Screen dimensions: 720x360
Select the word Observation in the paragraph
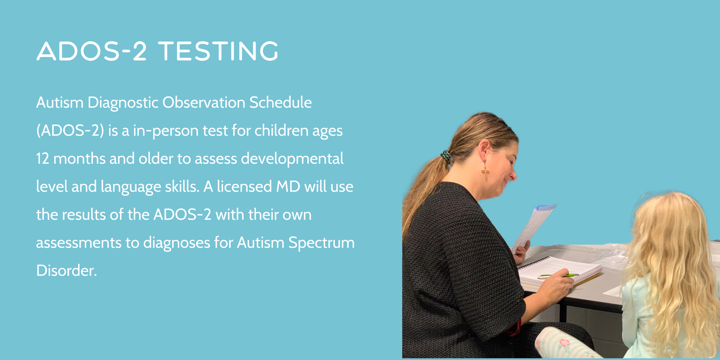pos(204,102)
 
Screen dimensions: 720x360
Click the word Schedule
pos(280,102)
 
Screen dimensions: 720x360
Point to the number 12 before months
pos(42,159)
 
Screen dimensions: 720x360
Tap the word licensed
pos(244,187)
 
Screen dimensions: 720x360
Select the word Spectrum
pos(321,243)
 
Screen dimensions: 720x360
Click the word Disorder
pos(66,270)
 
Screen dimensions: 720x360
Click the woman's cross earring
pos(485,172)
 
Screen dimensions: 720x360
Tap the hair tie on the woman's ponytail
pos(446,156)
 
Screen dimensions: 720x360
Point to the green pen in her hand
pos(558,276)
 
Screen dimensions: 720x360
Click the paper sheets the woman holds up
pos(533,227)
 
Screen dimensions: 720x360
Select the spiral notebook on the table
pos(559,273)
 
